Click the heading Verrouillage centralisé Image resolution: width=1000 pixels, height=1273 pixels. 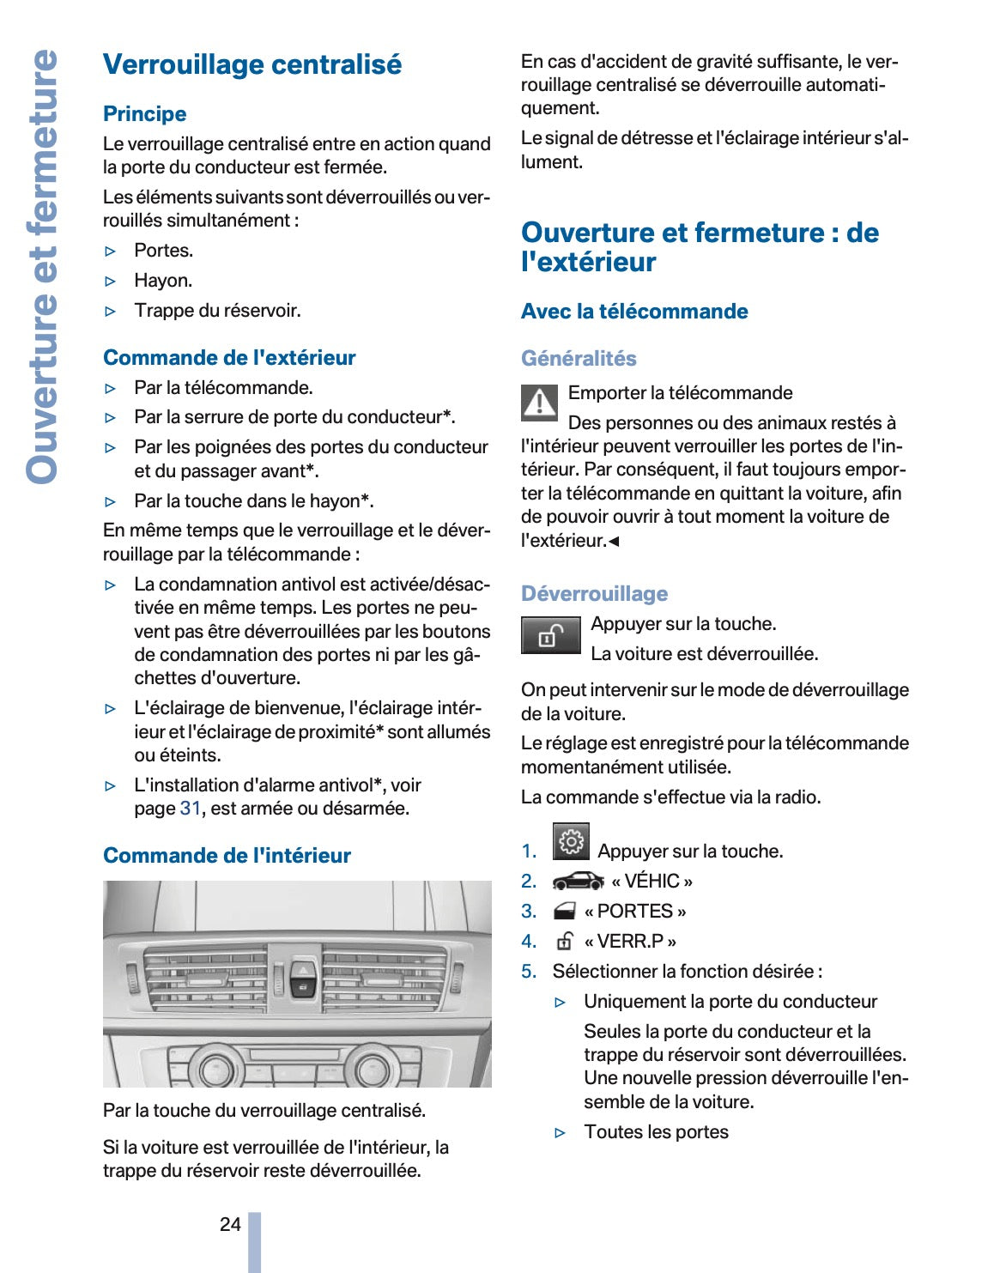252,64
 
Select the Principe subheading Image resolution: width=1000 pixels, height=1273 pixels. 144,114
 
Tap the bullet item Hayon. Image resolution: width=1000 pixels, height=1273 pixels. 163,281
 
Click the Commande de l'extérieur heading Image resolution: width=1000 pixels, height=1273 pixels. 229,358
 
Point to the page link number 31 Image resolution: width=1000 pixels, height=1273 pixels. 190,809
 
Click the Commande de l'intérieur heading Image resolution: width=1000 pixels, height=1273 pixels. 227,856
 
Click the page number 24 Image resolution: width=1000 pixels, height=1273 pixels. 230,1224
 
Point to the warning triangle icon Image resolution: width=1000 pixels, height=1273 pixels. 539,402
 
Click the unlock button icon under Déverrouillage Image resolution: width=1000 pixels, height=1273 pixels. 550,636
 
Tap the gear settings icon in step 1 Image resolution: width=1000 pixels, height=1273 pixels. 571,842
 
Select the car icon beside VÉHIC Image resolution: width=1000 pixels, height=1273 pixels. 578,882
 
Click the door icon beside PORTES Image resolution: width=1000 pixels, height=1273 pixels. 564,912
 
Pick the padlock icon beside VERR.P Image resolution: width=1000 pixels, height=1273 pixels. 564,942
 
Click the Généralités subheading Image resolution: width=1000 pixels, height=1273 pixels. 579,359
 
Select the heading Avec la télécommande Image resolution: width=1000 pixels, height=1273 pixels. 634,312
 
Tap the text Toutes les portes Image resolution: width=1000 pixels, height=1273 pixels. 656,1132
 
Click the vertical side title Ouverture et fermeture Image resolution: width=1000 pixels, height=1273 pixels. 42,266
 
